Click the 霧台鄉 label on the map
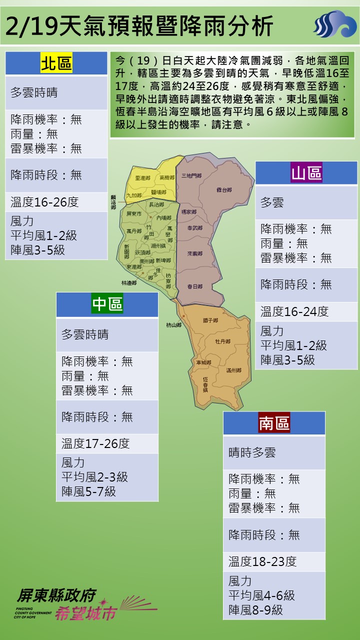click(x=224, y=190)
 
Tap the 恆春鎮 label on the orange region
click(x=205, y=384)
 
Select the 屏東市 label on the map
click(x=134, y=214)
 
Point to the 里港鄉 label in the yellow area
click(x=142, y=177)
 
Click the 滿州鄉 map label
click(x=233, y=370)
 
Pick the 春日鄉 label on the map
click(x=194, y=286)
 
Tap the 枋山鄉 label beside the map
click(x=173, y=325)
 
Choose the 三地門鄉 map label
click(x=191, y=175)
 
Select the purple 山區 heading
click(x=306, y=173)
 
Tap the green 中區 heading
click(x=107, y=304)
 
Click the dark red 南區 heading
click(x=274, y=423)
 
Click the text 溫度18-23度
click(x=262, y=561)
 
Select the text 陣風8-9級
click(x=255, y=610)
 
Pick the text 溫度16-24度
click(x=294, y=312)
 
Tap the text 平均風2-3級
click(x=94, y=477)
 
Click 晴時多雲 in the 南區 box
click(x=252, y=453)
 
